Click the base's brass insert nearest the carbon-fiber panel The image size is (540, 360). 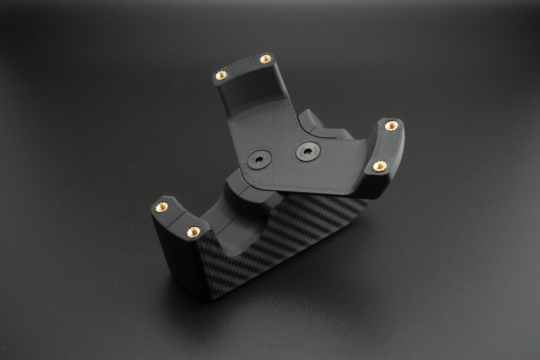point(193,230)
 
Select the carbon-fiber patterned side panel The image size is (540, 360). point(291,239)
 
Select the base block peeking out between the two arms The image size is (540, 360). point(314,120)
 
